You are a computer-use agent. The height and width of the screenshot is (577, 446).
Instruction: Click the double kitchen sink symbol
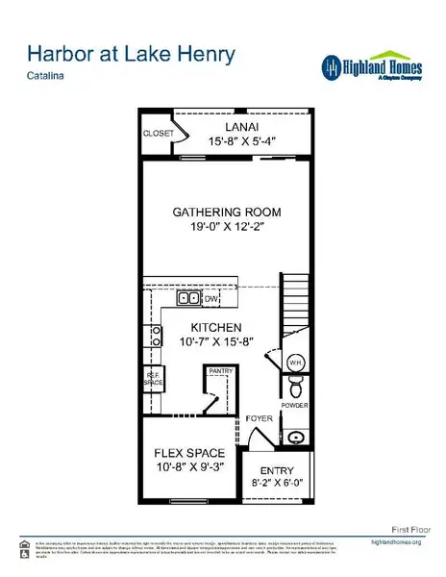pyautogui.click(x=187, y=299)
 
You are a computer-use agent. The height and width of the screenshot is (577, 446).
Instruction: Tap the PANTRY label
pyautogui.click(x=222, y=369)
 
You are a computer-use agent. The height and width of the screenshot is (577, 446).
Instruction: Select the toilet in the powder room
pyautogui.click(x=296, y=389)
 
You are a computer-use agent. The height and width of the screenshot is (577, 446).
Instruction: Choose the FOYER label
pyautogui.click(x=258, y=418)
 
